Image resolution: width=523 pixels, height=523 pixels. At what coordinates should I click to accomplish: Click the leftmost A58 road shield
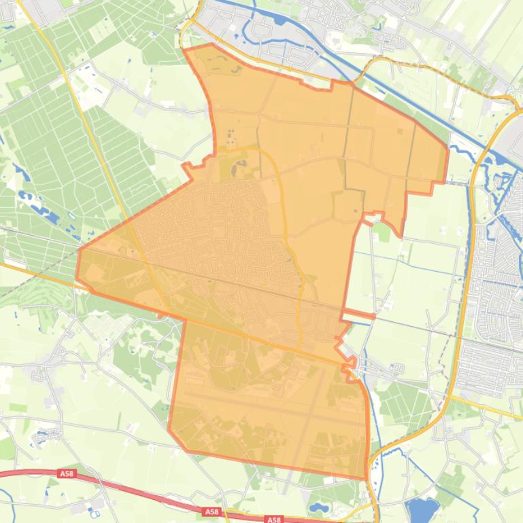click(66, 475)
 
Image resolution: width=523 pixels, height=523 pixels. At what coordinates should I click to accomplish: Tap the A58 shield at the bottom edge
click(273, 520)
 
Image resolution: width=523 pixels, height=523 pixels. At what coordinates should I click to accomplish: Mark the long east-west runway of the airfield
click(272, 407)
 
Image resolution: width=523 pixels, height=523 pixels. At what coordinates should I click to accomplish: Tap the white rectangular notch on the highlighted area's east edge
click(358, 314)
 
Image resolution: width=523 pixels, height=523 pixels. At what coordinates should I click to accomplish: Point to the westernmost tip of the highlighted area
click(76, 277)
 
